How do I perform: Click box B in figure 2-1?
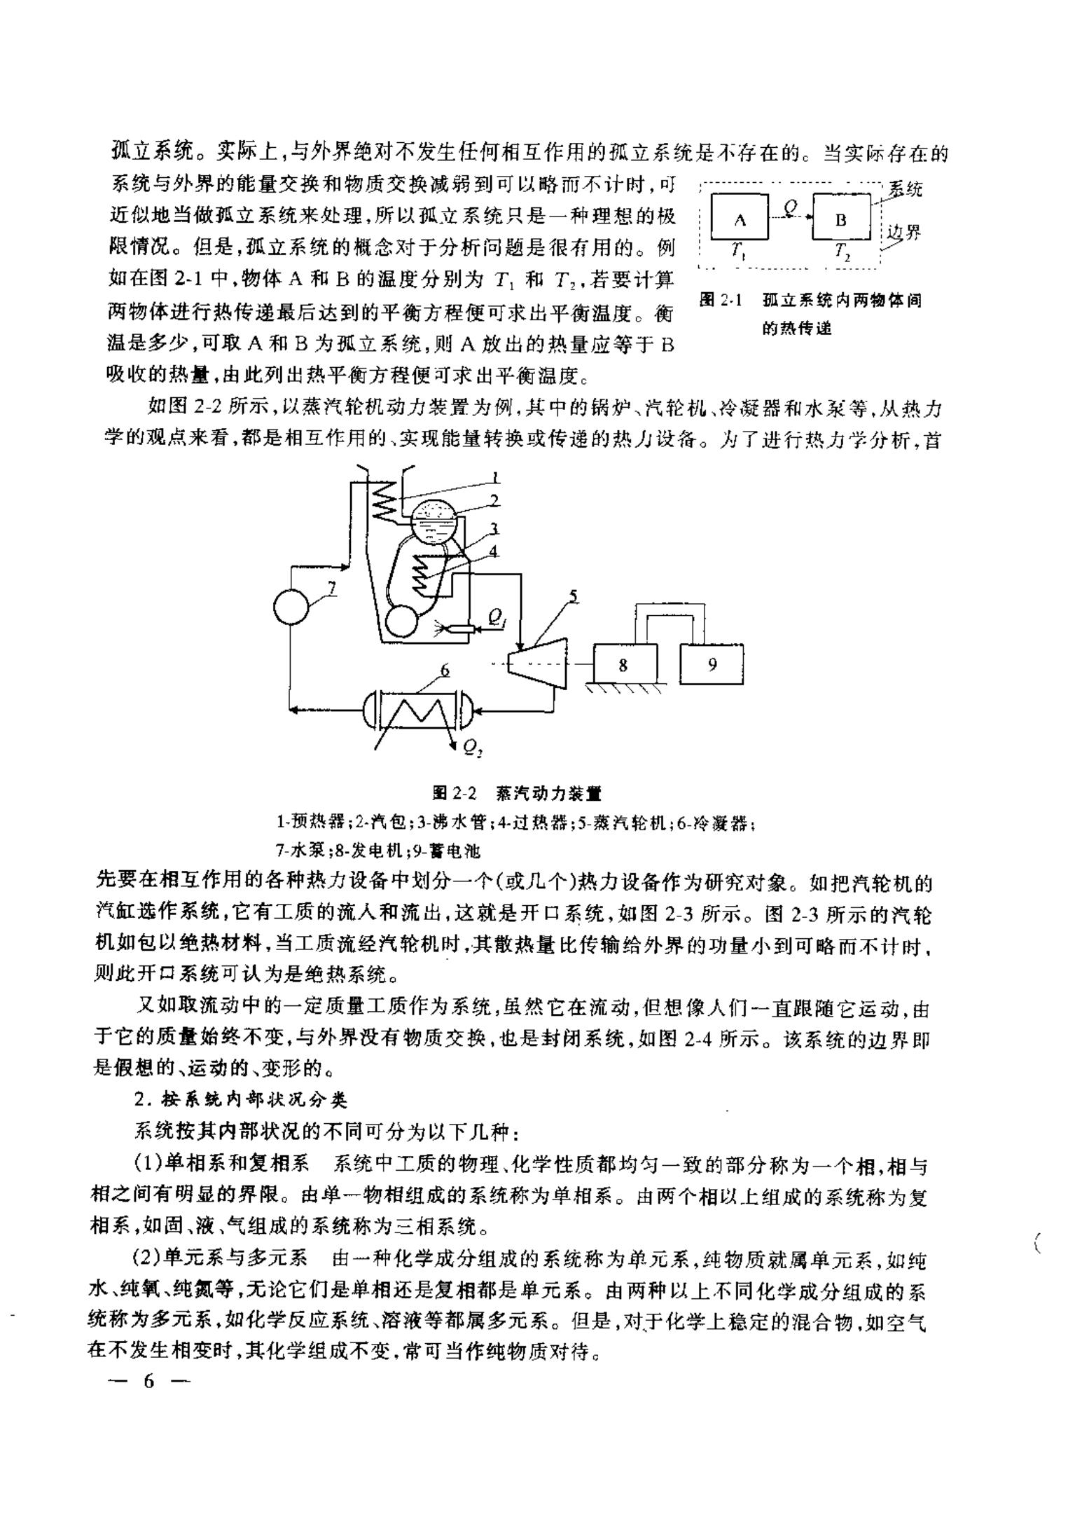841,219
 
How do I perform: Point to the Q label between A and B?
790,207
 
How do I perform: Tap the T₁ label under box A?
738,251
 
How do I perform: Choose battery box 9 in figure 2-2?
712,664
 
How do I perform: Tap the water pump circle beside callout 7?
291,607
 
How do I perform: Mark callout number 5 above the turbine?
573,596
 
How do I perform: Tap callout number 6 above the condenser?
445,671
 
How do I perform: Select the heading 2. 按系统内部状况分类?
240,1100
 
